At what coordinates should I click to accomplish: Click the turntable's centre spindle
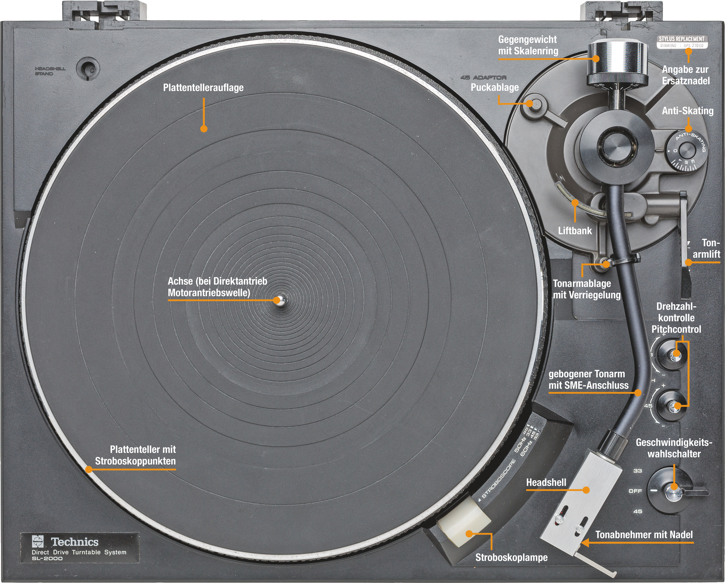[x=279, y=300]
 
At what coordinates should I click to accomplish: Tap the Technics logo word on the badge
[x=75, y=542]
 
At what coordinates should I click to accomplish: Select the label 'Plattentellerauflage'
[x=203, y=88]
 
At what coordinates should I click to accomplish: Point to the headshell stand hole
[x=87, y=68]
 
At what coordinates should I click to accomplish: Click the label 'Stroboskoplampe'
[x=511, y=558]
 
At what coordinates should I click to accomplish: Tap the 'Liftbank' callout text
[x=575, y=230]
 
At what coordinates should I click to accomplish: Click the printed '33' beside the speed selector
[x=638, y=471]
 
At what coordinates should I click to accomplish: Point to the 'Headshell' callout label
[x=546, y=482]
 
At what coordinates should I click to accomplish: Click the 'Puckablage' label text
[x=494, y=87]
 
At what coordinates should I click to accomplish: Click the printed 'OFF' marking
[x=635, y=491]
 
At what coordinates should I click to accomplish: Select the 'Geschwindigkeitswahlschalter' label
[x=674, y=448]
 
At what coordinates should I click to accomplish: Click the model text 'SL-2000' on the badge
[x=47, y=559]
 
